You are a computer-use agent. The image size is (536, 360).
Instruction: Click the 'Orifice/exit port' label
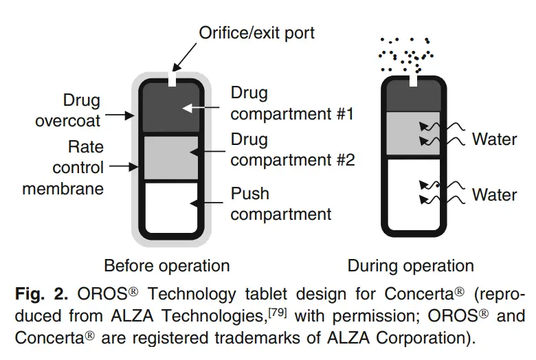[256, 32]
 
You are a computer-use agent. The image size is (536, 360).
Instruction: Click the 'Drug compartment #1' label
[292, 102]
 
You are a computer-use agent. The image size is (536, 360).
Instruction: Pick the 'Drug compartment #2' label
[293, 150]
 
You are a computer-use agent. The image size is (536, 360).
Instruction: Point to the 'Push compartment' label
[280, 203]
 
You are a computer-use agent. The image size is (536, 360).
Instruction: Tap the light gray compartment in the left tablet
[169, 157]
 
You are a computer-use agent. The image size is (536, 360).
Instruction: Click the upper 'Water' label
[494, 139]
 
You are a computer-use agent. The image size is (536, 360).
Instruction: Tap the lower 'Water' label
[494, 194]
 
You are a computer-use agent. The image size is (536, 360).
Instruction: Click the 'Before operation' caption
[166, 265]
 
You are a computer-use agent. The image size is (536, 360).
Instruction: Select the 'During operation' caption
[411, 265]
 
